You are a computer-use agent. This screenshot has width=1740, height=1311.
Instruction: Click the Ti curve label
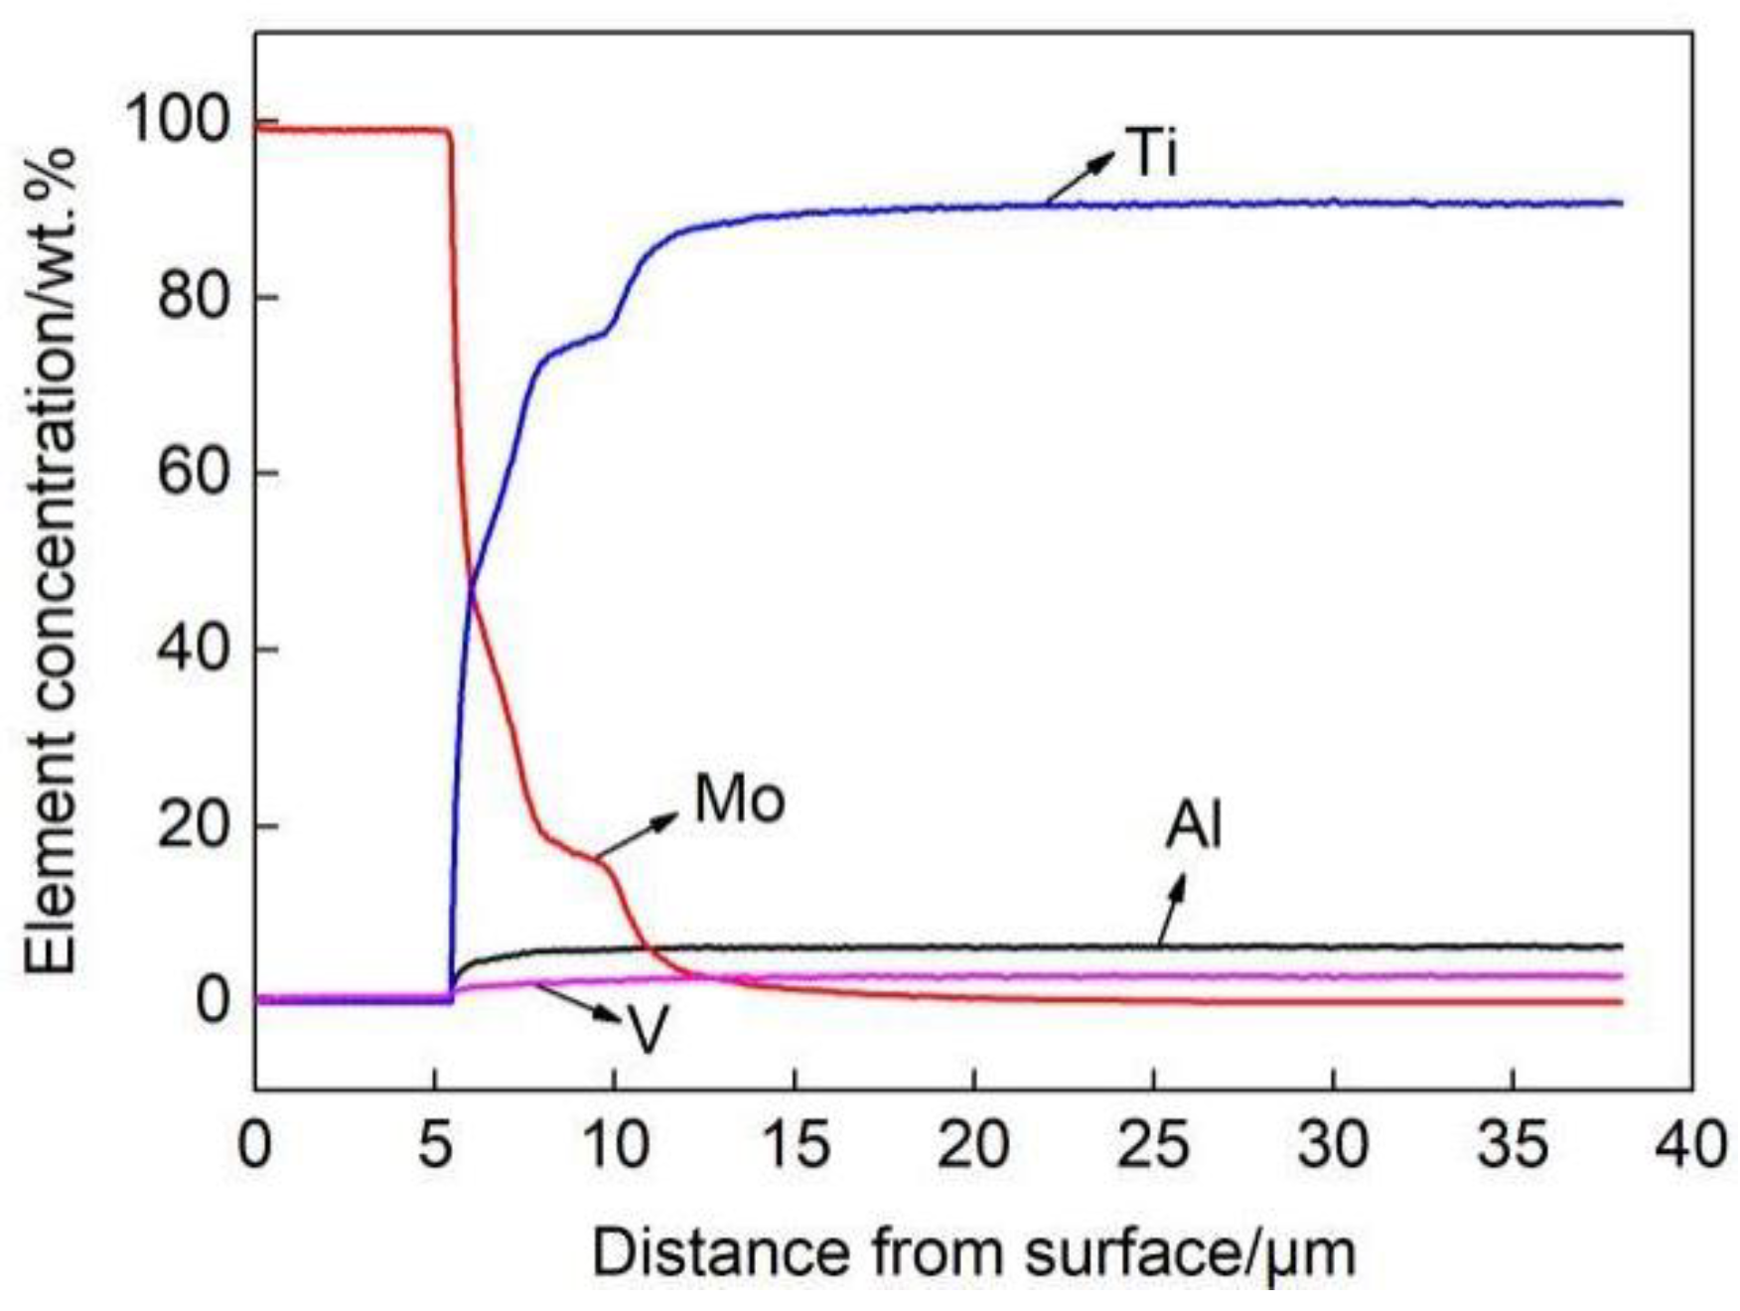pyautogui.click(x=1152, y=154)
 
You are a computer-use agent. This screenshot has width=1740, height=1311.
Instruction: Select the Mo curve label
pyautogui.click(x=739, y=800)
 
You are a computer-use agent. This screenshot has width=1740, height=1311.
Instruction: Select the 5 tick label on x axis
pyautogui.click(x=435, y=1144)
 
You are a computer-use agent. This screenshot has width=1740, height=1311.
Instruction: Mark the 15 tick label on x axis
pyautogui.click(x=795, y=1144)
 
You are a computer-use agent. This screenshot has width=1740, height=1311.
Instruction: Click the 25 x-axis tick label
pyautogui.click(x=1153, y=1144)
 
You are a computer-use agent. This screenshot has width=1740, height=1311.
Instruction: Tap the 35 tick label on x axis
pyautogui.click(x=1512, y=1144)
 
